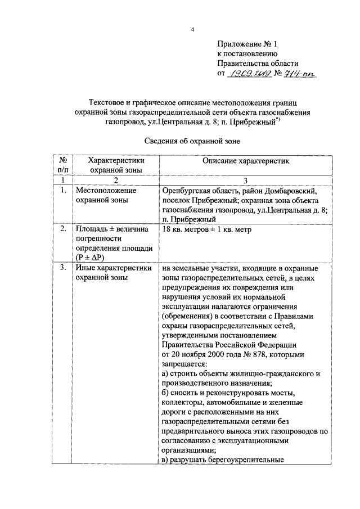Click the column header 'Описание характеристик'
pos(245,161)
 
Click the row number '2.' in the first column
pos(63,229)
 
